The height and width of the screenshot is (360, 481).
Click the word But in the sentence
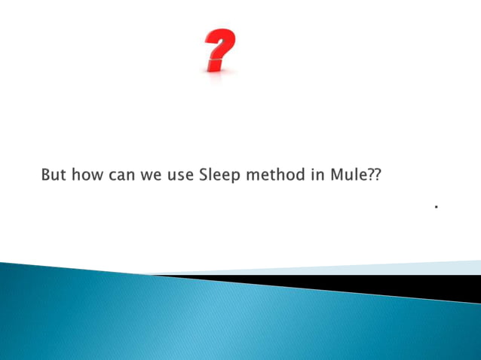[x=53, y=175]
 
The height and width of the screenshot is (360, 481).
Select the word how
[x=87, y=175]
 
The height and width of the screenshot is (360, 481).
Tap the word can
[x=123, y=176]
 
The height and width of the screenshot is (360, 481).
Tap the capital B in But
[x=46, y=175]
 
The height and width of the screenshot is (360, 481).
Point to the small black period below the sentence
[x=437, y=205]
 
